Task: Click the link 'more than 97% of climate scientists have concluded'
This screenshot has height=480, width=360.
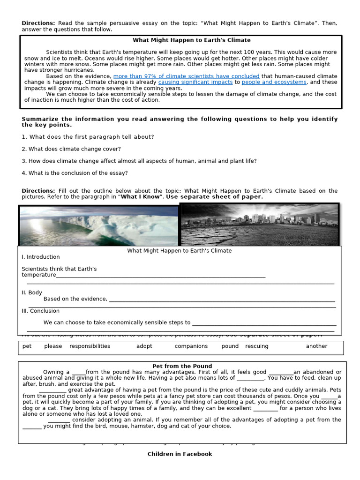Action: coord(186,76)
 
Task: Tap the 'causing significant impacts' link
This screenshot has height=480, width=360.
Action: coord(195,82)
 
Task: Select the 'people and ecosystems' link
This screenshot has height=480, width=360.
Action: coord(274,82)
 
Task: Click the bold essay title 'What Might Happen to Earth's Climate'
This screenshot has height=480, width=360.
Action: coord(191,40)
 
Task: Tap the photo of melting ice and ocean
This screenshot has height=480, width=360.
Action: coord(99,225)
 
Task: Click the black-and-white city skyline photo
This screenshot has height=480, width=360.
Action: coord(259,225)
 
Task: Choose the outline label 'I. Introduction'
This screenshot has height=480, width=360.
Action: coord(41,257)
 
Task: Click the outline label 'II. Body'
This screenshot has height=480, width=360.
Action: coord(32,292)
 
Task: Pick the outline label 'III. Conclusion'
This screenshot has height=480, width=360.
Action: coord(41,311)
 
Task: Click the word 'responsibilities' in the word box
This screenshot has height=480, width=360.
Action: coord(90,346)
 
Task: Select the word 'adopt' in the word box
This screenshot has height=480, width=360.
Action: coord(144,346)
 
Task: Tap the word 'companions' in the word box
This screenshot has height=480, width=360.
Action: coord(191,346)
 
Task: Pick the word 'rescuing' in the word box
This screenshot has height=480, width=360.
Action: coord(256,346)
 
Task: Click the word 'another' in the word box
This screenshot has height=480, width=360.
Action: coord(316,346)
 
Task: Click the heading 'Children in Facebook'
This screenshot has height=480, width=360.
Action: coord(180,454)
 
